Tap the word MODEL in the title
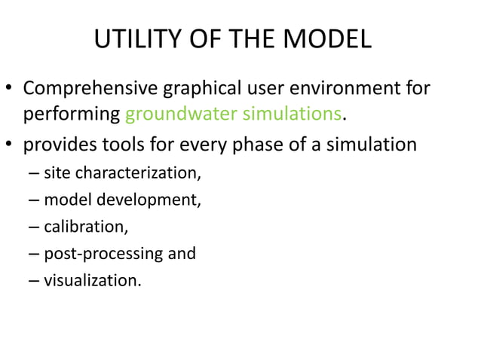[332, 40]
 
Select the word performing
[72, 115]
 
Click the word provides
[56, 144]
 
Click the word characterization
[133, 174]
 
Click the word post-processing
[104, 254]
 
